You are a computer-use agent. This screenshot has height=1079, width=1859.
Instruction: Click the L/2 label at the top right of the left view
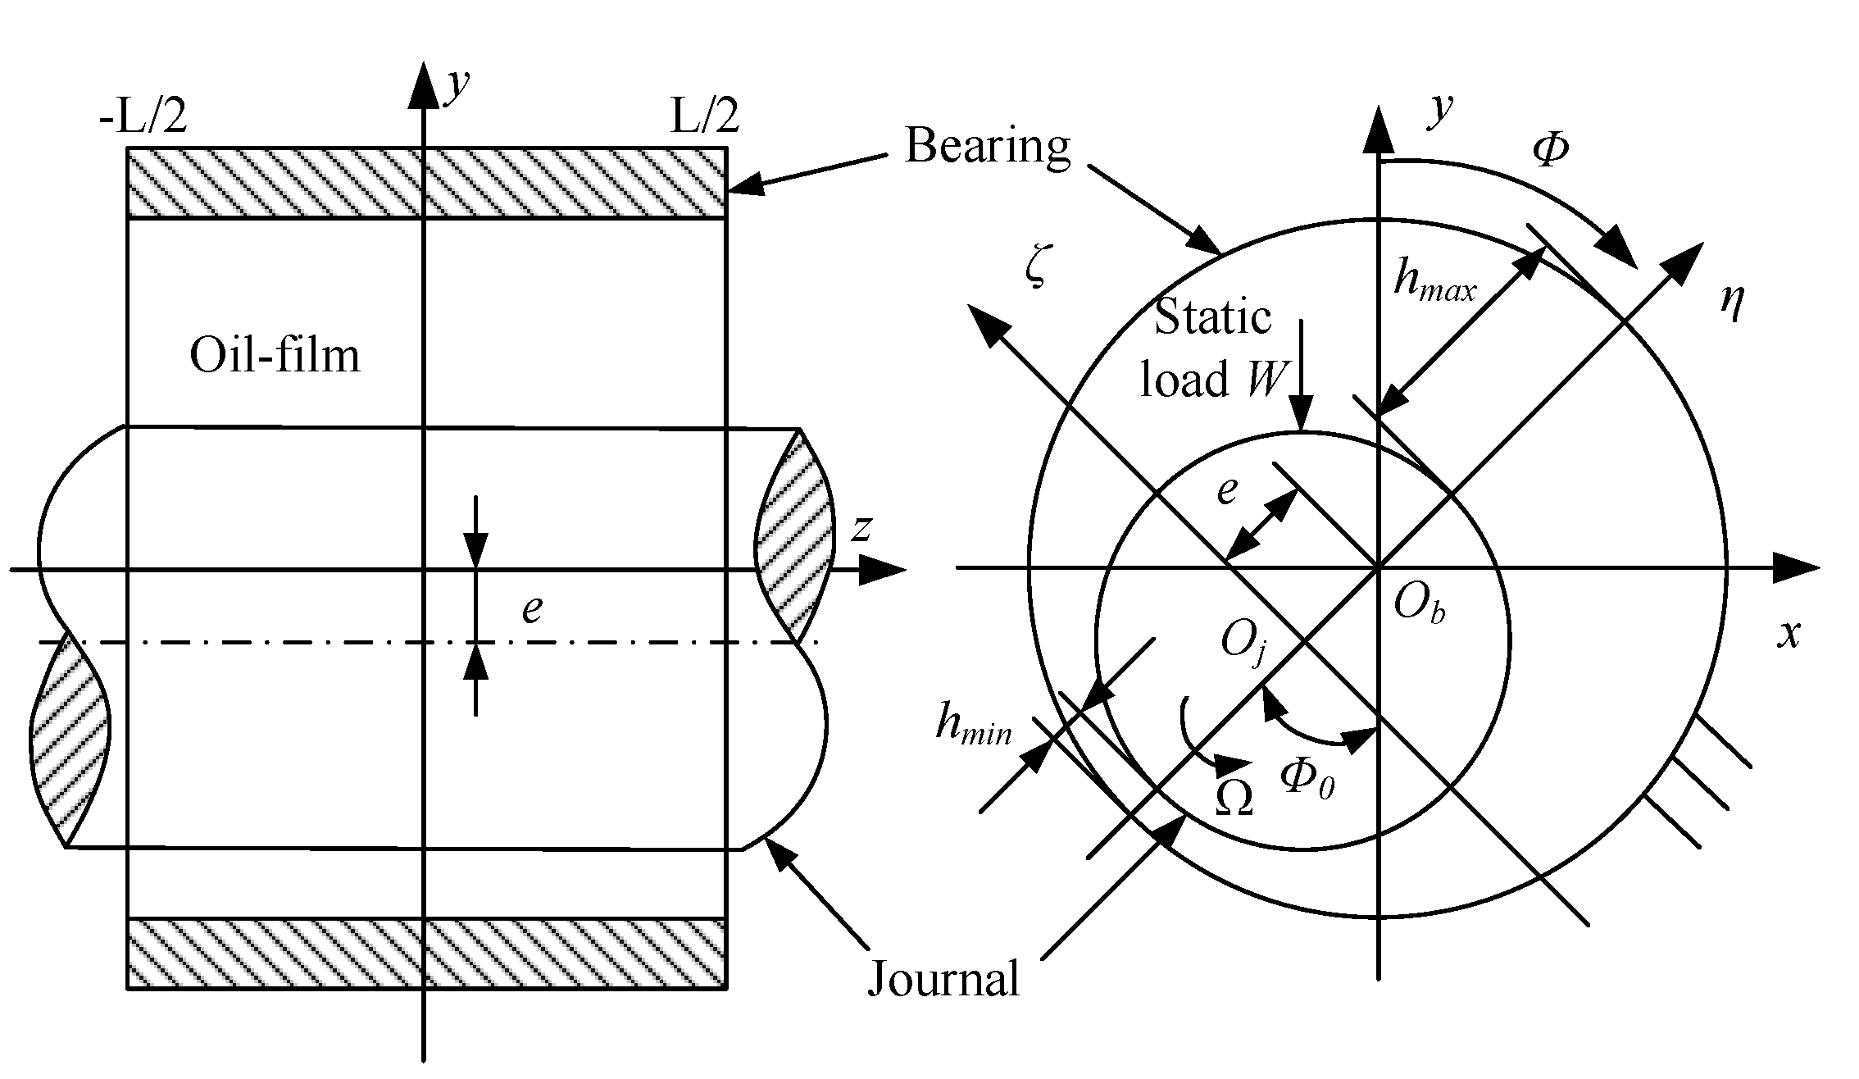pos(705,116)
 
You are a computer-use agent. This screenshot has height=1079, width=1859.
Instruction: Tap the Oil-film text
pos(275,357)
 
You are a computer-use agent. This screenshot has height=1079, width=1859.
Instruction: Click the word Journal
pos(943,979)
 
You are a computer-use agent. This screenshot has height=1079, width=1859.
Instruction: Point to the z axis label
pos(860,529)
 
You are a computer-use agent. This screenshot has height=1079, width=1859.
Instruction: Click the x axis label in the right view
pos(1789,634)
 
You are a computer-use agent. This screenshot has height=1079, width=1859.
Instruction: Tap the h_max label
pos(1434,284)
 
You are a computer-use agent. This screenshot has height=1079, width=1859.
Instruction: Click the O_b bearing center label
pos(1419,606)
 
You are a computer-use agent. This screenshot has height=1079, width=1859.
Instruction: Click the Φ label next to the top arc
pos(1550,151)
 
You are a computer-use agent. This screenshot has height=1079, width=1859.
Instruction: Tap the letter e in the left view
pos(532,609)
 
